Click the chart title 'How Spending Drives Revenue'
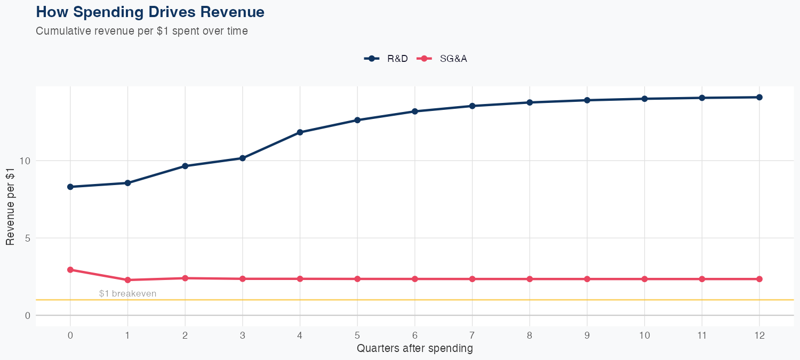click(150, 12)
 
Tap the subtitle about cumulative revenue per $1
click(141, 31)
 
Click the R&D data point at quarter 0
click(70, 187)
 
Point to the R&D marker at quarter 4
click(300, 132)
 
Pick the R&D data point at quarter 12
click(759, 97)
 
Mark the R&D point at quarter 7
click(472, 106)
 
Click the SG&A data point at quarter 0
click(70, 270)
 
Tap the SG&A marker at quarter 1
click(127, 280)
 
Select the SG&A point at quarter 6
click(414, 279)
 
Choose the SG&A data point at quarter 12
click(759, 279)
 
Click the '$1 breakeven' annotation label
click(127, 294)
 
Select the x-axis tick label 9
click(587, 335)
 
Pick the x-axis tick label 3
click(243, 335)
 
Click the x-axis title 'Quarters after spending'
click(414, 349)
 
